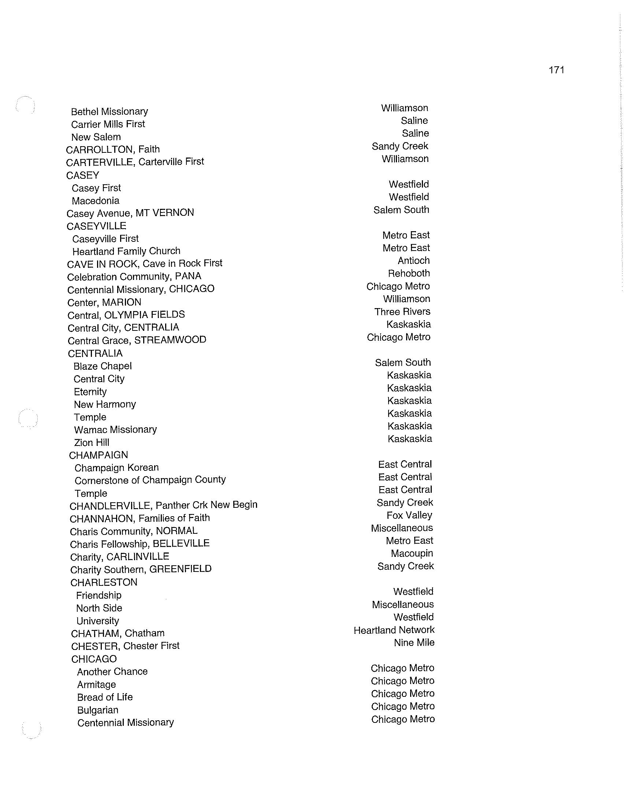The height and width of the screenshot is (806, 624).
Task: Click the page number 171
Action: (x=556, y=70)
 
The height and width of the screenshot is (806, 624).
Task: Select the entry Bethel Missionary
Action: (x=109, y=111)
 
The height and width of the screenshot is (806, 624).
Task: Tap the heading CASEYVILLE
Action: (x=96, y=226)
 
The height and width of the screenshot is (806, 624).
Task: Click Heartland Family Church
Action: (x=126, y=251)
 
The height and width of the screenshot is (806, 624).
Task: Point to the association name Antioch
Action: (x=413, y=261)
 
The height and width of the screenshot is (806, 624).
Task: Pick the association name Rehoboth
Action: (x=409, y=273)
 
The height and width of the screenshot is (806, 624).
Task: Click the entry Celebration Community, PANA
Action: (x=134, y=276)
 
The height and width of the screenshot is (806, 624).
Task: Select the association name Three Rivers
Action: (x=402, y=312)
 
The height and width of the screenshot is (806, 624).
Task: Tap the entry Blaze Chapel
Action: (x=103, y=366)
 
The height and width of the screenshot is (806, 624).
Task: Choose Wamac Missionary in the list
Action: (x=115, y=430)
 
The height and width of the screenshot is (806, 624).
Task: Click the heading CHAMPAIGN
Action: (x=99, y=455)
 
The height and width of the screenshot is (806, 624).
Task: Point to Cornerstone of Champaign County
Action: (x=150, y=480)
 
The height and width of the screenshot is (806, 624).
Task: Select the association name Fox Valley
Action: (x=409, y=515)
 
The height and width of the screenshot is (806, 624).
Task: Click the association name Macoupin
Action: (x=412, y=554)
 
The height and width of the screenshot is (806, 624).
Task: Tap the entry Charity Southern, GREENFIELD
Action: (x=141, y=569)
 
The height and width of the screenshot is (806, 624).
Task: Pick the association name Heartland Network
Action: (x=394, y=630)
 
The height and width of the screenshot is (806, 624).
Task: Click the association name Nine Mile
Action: (x=414, y=643)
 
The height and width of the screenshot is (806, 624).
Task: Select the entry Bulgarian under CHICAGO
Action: (x=98, y=710)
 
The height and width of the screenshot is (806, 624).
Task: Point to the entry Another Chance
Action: (x=112, y=672)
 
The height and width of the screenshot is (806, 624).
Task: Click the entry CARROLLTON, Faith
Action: (x=113, y=149)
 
